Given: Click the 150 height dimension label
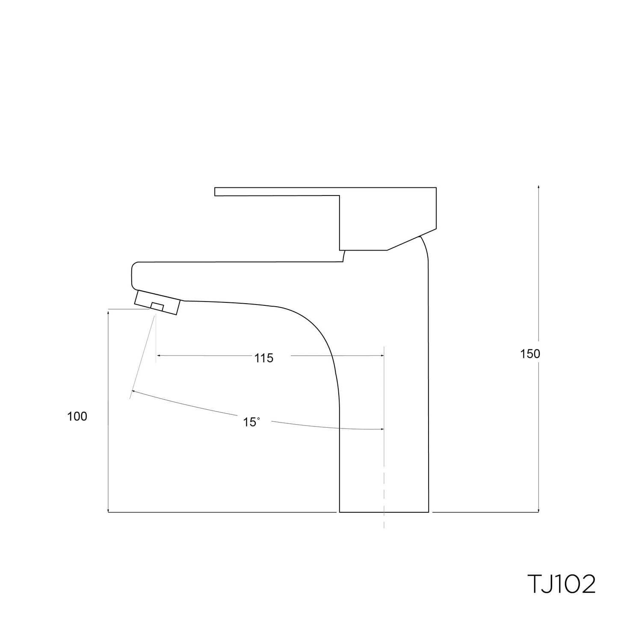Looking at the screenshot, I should (x=530, y=354).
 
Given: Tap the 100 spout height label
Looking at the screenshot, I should (x=77, y=417).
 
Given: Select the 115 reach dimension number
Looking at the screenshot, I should (x=263, y=358).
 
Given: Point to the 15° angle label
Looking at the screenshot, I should (x=251, y=423).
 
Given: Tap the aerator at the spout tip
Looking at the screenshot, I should (x=157, y=302).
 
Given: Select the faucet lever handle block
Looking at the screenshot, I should (x=387, y=218).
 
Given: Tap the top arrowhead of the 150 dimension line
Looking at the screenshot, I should (x=538, y=187).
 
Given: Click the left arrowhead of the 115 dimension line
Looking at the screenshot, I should (x=159, y=355).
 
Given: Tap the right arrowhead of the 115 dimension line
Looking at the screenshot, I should (x=381, y=355).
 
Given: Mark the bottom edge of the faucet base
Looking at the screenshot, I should (x=384, y=512).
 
